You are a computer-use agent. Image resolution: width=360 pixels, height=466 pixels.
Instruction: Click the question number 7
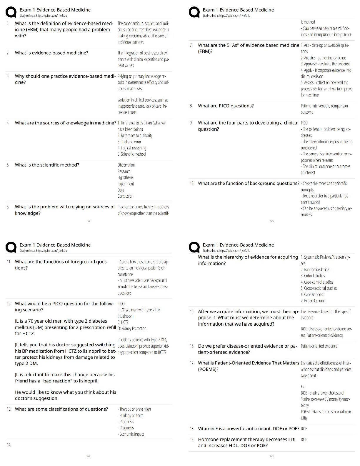[x=191, y=45]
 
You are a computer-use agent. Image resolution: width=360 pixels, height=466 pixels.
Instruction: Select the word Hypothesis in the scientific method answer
[x=125, y=177]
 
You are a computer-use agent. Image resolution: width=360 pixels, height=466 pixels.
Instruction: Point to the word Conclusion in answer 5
[x=125, y=196]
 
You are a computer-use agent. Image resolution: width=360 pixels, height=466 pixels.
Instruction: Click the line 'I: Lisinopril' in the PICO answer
[x=125, y=316]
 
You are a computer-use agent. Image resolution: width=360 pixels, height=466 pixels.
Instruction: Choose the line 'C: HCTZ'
[x=123, y=322]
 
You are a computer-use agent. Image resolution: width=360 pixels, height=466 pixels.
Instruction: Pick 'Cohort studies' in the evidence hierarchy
[x=313, y=276]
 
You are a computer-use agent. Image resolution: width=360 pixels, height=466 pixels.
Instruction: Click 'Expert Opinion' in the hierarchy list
[x=313, y=301]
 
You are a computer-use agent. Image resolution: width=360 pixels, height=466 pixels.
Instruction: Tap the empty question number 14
[x=9, y=445]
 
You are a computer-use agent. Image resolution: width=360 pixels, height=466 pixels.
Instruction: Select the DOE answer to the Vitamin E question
[x=304, y=429]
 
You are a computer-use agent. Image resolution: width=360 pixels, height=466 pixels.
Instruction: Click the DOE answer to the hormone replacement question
[x=304, y=440]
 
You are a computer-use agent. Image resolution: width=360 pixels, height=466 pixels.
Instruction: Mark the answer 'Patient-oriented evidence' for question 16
[x=319, y=346]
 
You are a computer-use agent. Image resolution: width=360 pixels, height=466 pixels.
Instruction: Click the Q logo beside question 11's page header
[x=11, y=247]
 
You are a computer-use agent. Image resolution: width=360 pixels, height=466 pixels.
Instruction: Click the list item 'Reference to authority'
[x=135, y=136]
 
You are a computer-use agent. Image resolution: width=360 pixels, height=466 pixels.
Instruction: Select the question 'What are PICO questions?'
[x=226, y=106]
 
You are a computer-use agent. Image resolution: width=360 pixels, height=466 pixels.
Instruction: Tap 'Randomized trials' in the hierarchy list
[x=315, y=269]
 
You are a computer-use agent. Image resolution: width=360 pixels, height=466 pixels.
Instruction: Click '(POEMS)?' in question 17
[x=208, y=369]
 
